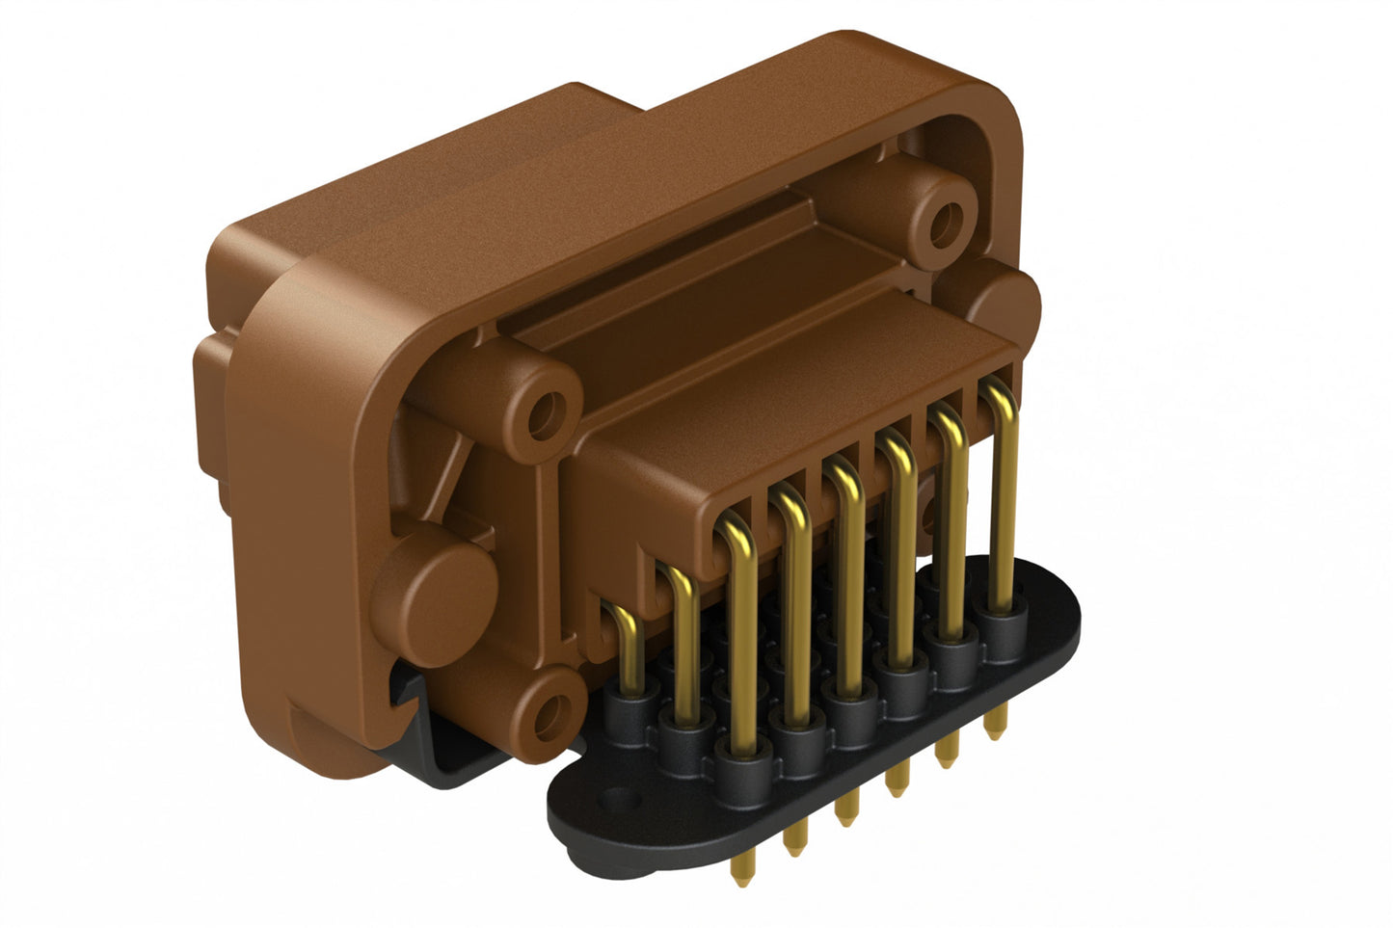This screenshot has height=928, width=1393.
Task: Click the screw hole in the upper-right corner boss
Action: pyautogui.click(x=945, y=220)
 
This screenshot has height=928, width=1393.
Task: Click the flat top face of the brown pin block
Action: pyautogui.click(x=790, y=385)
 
